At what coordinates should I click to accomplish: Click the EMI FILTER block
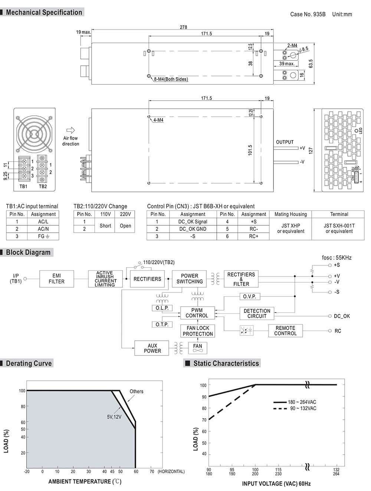tap(56, 279)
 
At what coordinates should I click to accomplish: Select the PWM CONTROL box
tap(197, 313)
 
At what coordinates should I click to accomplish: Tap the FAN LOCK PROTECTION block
tap(198, 331)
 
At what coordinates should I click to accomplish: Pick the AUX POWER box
tap(152, 348)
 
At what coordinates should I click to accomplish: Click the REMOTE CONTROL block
tap(285, 331)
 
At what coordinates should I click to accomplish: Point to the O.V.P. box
tap(249, 297)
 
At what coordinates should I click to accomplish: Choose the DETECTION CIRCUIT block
tap(257, 314)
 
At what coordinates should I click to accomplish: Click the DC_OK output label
tap(342, 316)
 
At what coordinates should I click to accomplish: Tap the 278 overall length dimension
tap(183, 27)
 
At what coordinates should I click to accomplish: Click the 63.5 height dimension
tap(311, 63)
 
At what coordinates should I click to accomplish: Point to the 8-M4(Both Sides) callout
tap(171, 79)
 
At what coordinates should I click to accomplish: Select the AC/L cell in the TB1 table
tap(43, 222)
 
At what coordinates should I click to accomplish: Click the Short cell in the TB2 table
tap(105, 226)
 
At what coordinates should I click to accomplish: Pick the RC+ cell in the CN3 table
tap(253, 236)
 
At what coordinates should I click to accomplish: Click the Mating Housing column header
tap(290, 214)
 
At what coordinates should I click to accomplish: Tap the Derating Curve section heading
tap(29, 363)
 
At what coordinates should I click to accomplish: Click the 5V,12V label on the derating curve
tap(114, 417)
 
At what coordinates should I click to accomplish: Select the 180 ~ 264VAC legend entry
tap(302, 402)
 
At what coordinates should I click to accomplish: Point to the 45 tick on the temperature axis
tap(112, 472)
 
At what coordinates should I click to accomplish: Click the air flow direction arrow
tap(70, 130)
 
